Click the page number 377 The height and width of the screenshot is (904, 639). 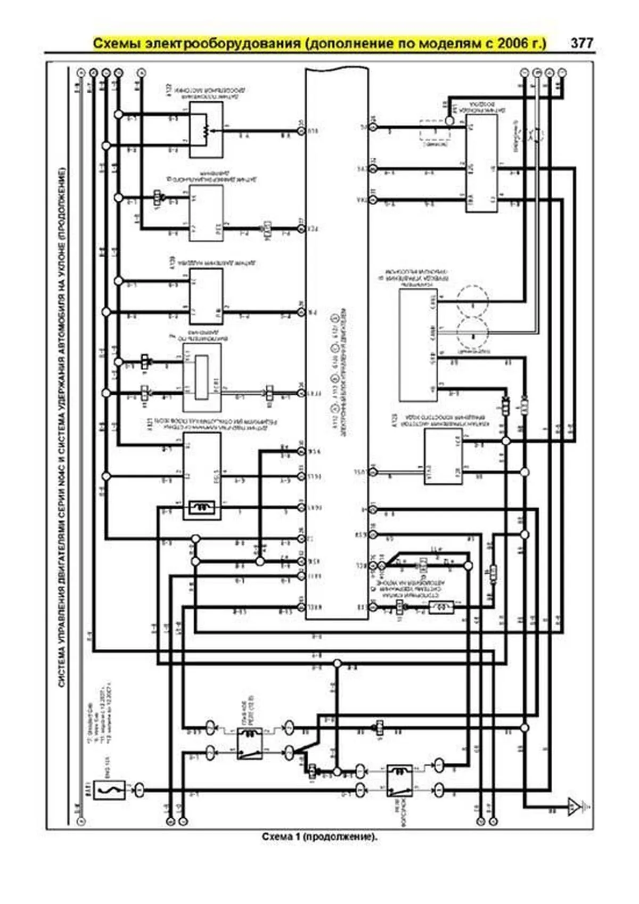tap(581, 43)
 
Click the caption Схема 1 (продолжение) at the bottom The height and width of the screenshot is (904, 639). tap(319, 837)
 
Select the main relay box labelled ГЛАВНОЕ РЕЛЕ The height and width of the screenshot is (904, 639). tap(249, 743)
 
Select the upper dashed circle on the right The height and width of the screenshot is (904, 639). tap(472, 301)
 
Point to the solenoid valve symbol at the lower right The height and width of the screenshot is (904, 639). tap(441, 607)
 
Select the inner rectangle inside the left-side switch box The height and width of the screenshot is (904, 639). tap(202, 377)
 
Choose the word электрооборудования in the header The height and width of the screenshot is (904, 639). tap(223, 43)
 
